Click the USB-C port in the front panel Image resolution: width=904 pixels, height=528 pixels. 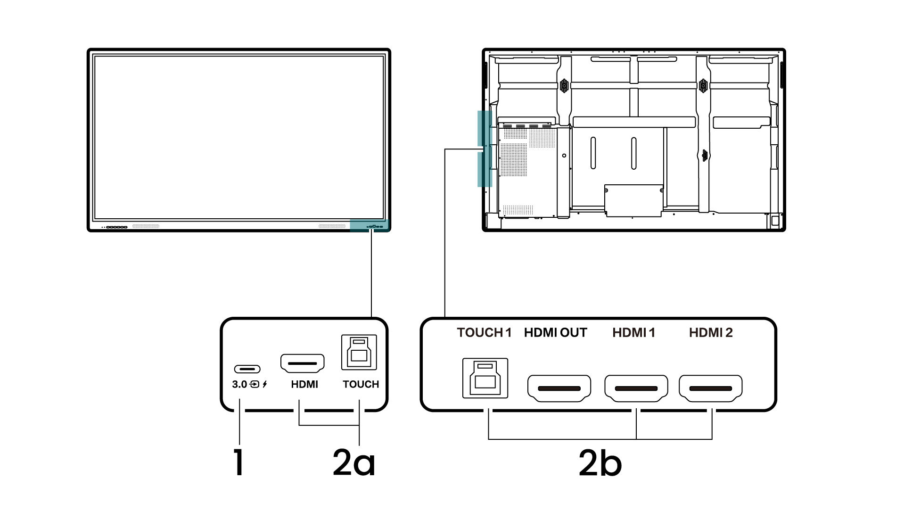pos(247,369)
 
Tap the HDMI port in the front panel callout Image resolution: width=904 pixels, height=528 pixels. pos(303,364)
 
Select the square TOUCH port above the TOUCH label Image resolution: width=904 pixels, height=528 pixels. pos(359,352)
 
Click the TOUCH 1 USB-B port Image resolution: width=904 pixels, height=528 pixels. pos(485,378)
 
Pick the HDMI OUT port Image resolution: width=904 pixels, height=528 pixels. pos(559,388)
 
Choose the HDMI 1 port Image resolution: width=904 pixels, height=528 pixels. pos(636,388)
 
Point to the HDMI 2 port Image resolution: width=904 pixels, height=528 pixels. pos(711,388)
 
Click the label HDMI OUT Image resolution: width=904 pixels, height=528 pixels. pos(556,333)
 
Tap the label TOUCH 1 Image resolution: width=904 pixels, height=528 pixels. pos(484,333)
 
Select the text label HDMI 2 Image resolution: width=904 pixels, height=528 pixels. pos(711,333)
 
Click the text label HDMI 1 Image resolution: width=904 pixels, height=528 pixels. pos(634,333)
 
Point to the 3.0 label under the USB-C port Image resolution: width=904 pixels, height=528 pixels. pos(239,384)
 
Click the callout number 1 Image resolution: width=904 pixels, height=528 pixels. pos(239,462)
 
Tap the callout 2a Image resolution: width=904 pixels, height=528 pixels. pos(354,462)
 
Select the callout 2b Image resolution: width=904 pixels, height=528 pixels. pos(600,462)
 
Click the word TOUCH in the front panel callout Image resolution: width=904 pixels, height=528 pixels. pos(361,384)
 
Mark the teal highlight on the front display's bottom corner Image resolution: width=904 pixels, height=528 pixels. pos(370,225)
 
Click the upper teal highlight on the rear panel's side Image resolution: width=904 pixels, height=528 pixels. pos(485,128)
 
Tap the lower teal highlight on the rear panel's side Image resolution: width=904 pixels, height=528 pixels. pos(485,169)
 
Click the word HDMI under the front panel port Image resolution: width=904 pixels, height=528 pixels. pos(304,384)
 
